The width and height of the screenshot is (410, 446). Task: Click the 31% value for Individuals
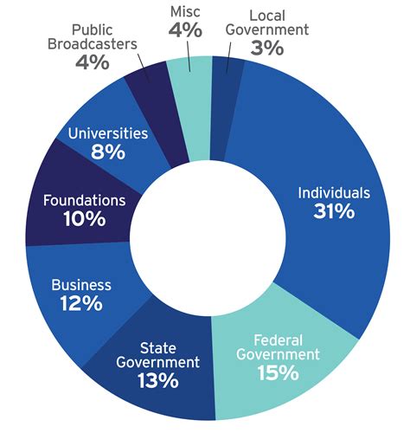(333, 212)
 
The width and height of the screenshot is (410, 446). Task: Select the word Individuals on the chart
(333, 192)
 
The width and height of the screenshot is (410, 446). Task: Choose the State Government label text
(157, 353)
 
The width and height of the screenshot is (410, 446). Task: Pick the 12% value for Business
(81, 304)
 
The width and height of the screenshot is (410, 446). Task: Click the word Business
(81, 285)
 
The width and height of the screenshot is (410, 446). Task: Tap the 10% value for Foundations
(84, 220)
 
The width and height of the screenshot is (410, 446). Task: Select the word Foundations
(84, 201)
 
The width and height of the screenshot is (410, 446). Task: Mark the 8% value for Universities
(107, 152)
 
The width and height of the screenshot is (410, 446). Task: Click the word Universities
(107, 134)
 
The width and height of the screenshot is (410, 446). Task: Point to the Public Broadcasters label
(92, 37)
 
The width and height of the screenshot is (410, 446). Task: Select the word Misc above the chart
(185, 10)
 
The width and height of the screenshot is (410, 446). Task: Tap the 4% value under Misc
(185, 30)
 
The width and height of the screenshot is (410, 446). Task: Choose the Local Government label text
(268, 23)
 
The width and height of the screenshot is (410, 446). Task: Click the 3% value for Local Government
(267, 48)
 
